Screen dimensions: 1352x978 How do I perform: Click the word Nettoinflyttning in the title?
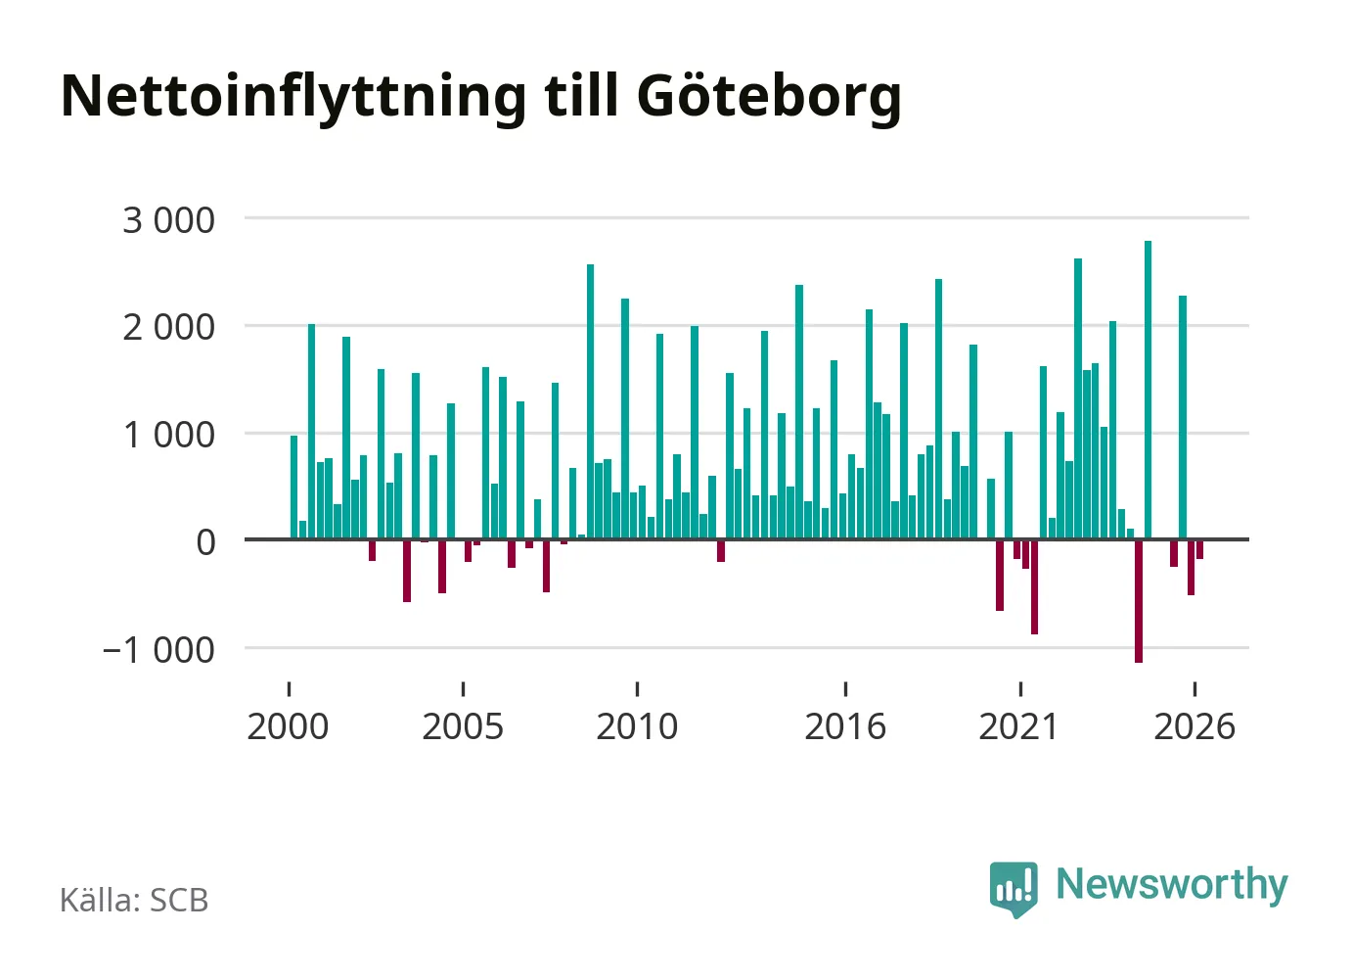click(293, 98)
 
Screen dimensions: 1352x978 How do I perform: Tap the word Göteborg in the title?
click(769, 97)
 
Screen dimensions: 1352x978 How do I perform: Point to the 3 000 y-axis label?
click(168, 220)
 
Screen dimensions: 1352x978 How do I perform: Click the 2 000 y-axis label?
click(168, 328)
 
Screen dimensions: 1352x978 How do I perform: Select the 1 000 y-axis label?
click(168, 436)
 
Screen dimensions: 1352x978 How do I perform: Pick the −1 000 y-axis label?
click(158, 651)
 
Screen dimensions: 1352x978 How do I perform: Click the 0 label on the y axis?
click(205, 543)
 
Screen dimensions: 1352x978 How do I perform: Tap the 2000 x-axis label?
click(288, 726)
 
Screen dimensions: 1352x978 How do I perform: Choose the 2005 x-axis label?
click(463, 726)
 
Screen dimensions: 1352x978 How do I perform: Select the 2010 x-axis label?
click(637, 726)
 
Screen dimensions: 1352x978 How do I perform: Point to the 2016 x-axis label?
click(845, 726)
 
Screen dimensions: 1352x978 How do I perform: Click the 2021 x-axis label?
click(1018, 726)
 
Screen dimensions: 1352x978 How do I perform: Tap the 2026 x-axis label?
click(1194, 726)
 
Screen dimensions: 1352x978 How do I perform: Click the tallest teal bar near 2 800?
click(1148, 390)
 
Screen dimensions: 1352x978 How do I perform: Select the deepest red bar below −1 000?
click(1139, 600)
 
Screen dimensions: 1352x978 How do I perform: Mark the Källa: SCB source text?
click(134, 900)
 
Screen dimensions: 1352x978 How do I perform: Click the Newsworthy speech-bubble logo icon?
click(1014, 889)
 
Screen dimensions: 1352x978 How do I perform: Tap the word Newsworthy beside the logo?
click(1172, 885)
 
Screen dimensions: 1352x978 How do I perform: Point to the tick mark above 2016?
click(845, 689)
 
